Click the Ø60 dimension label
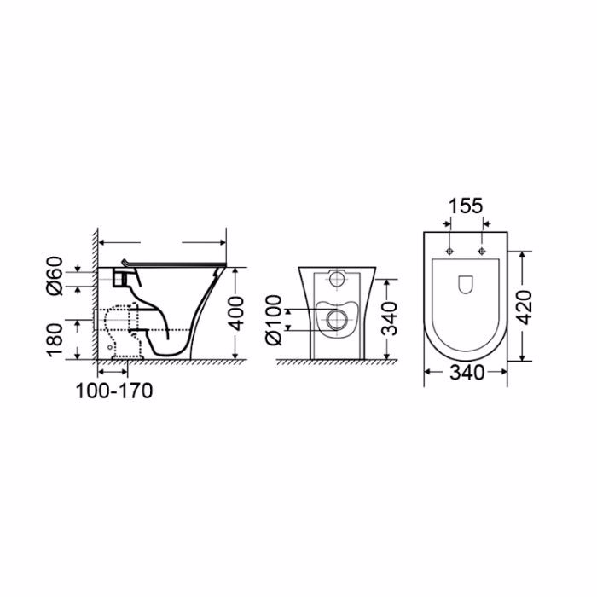[55, 275]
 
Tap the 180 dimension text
[55, 340]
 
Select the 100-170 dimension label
[114, 391]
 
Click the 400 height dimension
[237, 314]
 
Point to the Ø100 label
[274, 320]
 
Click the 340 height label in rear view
[389, 319]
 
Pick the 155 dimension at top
[466, 206]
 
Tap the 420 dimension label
[525, 307]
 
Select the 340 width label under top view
[467, 373]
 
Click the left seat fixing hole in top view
[449, 251]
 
